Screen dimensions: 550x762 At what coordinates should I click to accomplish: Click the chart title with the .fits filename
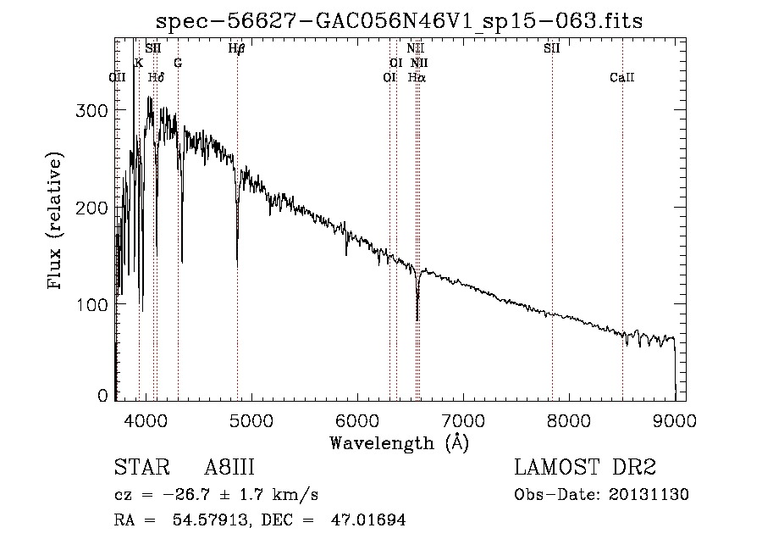pos(400,21)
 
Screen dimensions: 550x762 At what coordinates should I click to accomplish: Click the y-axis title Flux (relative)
pos(56,222)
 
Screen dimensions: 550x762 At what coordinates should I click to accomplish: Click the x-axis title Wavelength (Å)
pos(399,442)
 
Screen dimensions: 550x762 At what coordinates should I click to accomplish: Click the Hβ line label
pos(237,48)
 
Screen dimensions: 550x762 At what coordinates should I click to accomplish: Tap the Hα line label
pos(417,77)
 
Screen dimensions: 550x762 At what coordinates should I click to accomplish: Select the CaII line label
pos(621,77)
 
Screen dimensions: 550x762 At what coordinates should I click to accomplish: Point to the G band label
pos(178,63)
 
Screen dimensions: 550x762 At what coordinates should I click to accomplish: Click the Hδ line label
pos(156,77)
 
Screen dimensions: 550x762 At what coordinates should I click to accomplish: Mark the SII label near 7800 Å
pos(551,48)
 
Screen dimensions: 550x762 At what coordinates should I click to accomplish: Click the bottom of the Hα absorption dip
pos(417,319)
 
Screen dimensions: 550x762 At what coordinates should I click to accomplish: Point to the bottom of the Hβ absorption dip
pos(237,266)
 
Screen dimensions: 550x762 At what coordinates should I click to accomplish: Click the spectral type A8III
pos(229,469)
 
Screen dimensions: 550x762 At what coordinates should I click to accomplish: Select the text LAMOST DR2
pos(583,469)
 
